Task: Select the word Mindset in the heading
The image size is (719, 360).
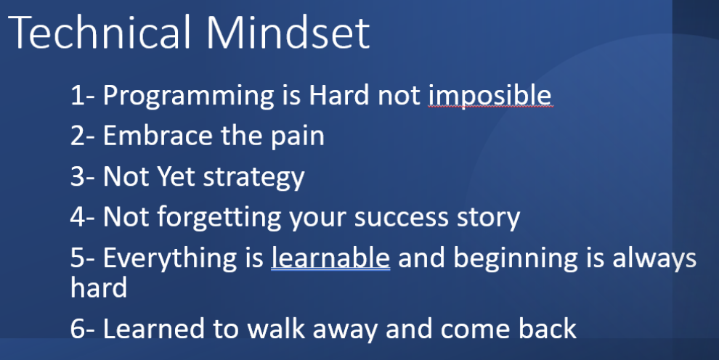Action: click(288, 33)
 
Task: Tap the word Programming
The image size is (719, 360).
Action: click(188, 97)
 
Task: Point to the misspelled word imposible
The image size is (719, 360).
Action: click(490, 96)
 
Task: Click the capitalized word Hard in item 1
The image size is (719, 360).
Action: click(339, 95)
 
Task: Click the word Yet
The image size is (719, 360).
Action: click(176, 176)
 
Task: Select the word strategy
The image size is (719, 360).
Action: click(254, 178)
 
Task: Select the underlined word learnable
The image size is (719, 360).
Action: click(330, 258)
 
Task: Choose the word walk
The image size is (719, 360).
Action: click(274, 328)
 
